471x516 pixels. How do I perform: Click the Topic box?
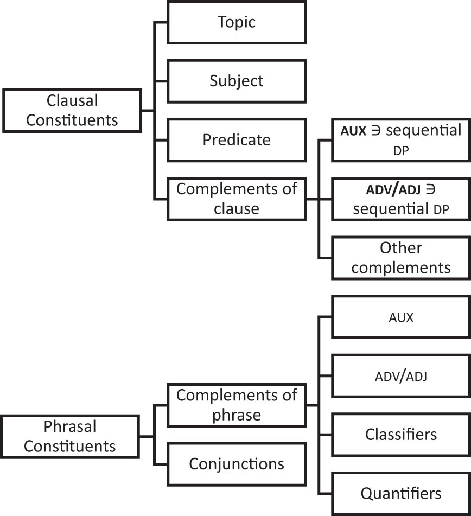coord(237,22)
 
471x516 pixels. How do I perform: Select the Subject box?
coord(237,81)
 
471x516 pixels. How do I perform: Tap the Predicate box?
coord(237,139)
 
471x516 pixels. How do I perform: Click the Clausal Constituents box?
coord(72,110)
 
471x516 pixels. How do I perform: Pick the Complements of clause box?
coord(237,199)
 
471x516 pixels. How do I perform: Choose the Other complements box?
coord(400,258)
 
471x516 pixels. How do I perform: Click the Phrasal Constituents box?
coord(70,436)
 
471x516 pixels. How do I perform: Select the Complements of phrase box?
coord(237,405)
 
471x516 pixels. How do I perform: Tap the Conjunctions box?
coord(237,464)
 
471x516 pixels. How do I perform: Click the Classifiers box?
coord(400,435)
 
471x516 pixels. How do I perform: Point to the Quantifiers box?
coord(400,494)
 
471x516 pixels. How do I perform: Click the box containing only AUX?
coord(400,317)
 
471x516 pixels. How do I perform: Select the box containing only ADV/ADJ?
coord(400,376)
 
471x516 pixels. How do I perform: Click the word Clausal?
coord(72,101)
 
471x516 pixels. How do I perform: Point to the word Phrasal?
coord(70,427)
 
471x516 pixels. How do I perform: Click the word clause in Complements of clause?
coord(237,208)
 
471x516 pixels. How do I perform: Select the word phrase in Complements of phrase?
coord(237,415)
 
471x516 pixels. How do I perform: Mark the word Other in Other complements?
coord(400,248)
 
